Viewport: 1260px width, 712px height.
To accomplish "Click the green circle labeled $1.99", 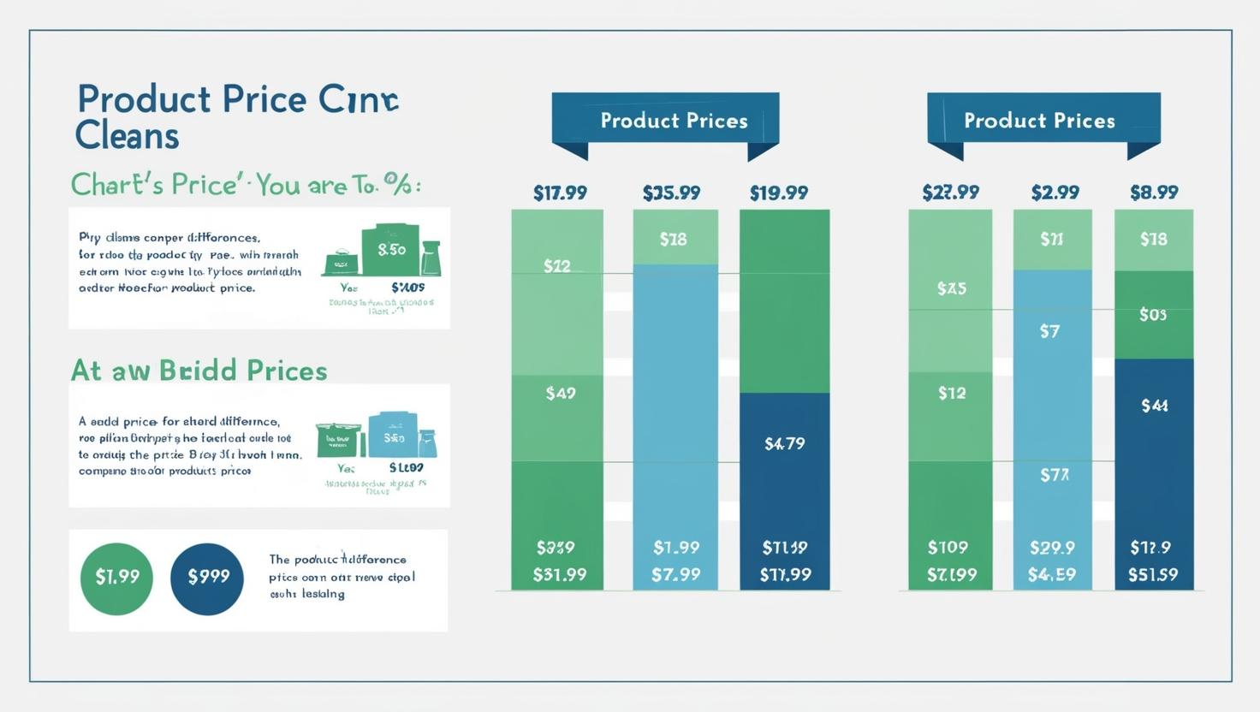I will [116, 578].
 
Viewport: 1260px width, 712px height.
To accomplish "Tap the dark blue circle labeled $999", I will [207, 578].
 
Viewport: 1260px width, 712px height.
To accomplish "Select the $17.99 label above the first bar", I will [560, 193].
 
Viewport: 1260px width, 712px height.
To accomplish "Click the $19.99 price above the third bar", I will [778, 193].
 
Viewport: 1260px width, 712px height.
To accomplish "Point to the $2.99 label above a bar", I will [1055, 193].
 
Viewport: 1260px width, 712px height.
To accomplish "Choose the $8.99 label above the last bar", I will [1154, 193].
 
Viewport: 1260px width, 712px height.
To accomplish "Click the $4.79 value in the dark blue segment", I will [784, 443].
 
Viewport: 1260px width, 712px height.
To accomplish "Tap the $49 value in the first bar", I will [560, 394].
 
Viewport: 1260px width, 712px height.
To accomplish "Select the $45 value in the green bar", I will [951, 289].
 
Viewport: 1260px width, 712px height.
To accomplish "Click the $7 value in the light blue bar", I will [1049, 331].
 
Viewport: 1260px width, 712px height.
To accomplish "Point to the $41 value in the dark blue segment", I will [1154, 406].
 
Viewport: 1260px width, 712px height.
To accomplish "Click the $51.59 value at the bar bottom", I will [1153, 574].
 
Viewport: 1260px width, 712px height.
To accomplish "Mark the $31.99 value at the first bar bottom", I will [560, 574].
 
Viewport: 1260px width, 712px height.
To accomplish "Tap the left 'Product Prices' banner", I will [665, 121].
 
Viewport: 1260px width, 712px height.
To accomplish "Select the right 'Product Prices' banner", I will [1043, 121].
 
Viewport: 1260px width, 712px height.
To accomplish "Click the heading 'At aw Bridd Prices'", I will [199, 371].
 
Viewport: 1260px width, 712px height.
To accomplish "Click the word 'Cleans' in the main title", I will [127, 136].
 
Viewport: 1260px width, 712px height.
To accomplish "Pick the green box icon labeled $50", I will [391, 250].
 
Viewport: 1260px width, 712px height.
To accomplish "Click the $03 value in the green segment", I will [1153, 315].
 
